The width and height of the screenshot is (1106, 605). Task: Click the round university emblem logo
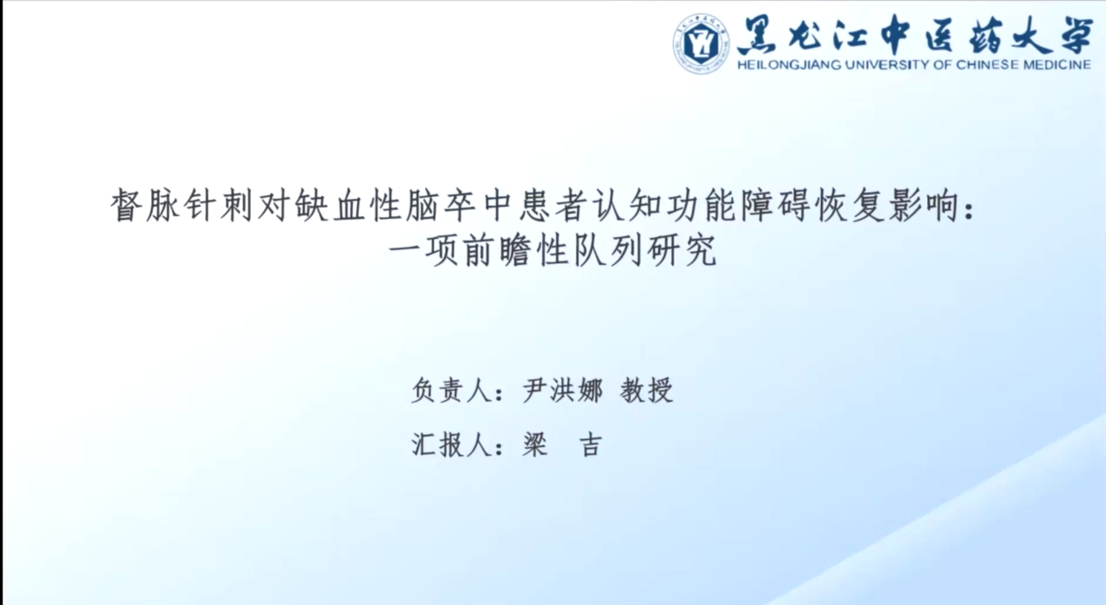point(701,44)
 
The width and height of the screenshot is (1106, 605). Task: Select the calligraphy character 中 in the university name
point(895,35)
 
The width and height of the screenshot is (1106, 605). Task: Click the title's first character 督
point(126,206)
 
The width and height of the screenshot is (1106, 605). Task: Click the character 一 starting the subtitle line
point(406,250)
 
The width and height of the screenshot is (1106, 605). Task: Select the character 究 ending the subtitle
point(701,250)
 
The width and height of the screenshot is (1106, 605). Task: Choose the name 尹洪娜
point(563,391)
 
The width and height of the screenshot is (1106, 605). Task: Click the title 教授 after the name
point(647,391)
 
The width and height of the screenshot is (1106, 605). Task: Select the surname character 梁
point(536,445)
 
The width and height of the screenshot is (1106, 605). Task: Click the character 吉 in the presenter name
point(591,445)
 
